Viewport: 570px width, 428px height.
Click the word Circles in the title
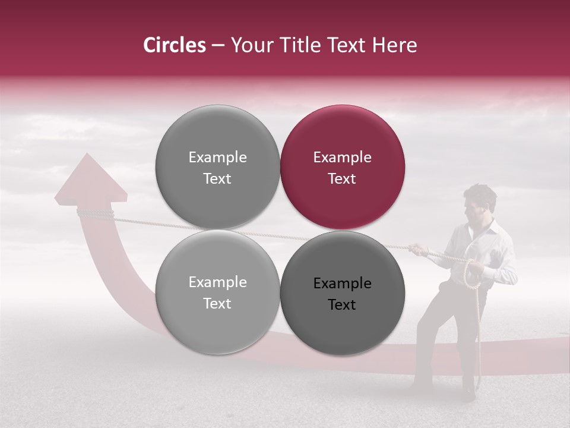click(x=174, y=45)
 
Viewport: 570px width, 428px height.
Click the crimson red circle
click(x=343, y=167)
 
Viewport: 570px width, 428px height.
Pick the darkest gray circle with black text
click(x=343, y=293)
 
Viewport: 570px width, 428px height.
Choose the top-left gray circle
click(x=217, y=167)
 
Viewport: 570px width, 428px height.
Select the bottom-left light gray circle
click(x=217, y=292)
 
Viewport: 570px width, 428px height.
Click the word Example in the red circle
click(x=343, y=158)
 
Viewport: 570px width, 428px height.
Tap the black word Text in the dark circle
click(x=342, y=305)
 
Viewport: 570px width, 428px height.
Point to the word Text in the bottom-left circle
click(x=217, y=304)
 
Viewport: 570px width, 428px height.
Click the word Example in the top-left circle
click(x=217, y=158)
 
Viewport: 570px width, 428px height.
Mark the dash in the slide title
click(x=218, y=46)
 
